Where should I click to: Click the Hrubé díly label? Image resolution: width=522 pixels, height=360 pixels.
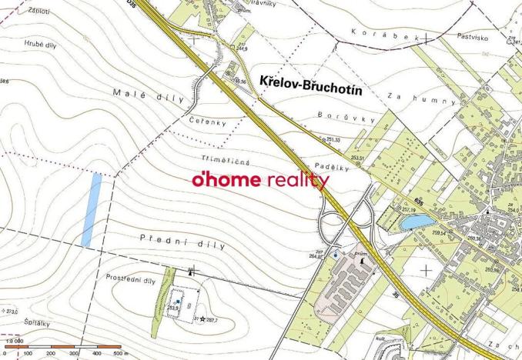point(38,44)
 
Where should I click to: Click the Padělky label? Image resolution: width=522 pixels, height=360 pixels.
point(332,166)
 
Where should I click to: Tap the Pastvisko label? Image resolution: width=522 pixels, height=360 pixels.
point(473,35)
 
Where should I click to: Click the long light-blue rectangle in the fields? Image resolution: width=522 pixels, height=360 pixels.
point(92,209)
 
